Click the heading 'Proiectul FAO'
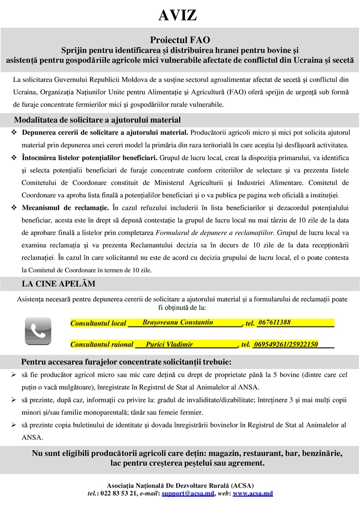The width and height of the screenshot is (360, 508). pos(180,40)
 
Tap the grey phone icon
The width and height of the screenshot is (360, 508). pos(38,331)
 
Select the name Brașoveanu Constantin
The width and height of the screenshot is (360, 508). pos(177,322)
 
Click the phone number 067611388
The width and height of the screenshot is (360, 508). pos(275,322)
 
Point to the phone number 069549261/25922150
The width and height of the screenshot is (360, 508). pos(286,344)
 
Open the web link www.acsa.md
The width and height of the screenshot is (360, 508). pos(253,494)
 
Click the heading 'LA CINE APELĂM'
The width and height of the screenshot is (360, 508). pos(59,284)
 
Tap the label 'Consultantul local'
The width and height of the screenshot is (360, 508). pos(98,323)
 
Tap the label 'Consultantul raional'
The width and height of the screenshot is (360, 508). pos(102,344)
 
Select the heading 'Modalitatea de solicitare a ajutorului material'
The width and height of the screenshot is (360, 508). pos(97,120)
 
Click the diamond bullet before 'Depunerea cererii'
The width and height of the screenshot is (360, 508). pos(14,133)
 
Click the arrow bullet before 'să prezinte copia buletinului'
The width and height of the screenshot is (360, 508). pos(14,425)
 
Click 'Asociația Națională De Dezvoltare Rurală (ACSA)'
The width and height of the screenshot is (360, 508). pos(180,485)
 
